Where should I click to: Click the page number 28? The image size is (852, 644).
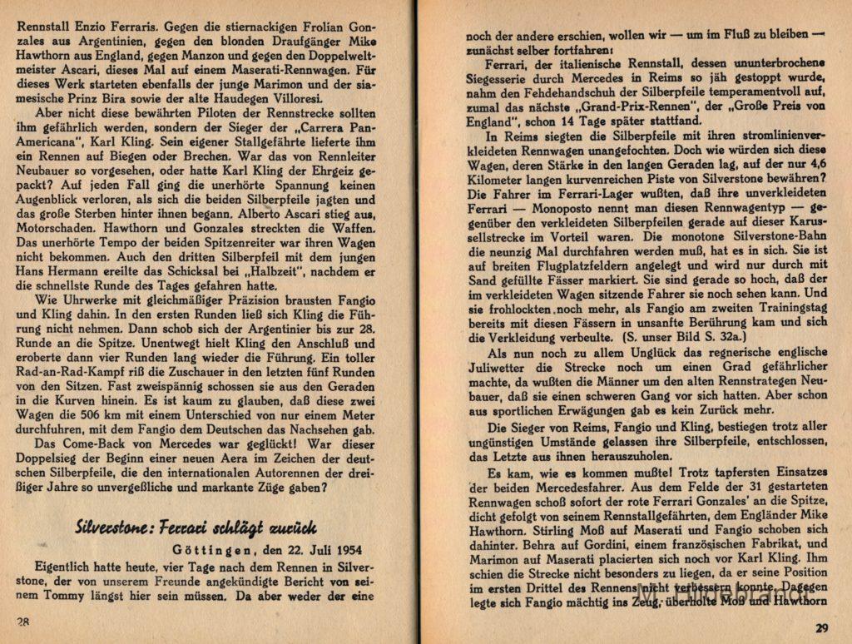click(24, 622)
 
